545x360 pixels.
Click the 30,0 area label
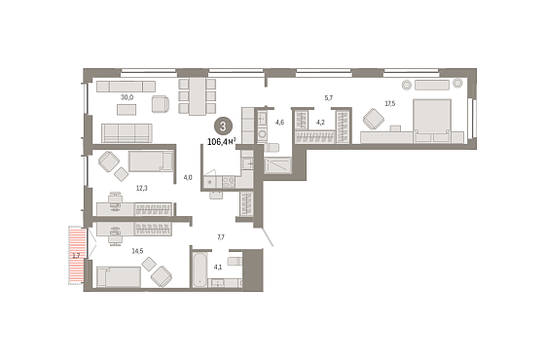click(127, 97)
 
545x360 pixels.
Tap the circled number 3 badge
click(223, 126)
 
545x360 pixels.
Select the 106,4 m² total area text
click(222, 142)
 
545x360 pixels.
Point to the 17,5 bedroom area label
click(390, 103)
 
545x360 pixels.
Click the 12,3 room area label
click(142, 189)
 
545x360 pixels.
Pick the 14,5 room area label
click(137, 251)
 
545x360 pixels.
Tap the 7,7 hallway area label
click(221, 237)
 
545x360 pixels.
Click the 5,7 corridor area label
click(329, 98)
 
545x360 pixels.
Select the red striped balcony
click(76, 255)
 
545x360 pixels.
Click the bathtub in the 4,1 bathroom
click(200, 270)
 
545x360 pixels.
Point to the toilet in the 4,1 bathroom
click(235, 261)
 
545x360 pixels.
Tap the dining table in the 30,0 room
click(197, 96)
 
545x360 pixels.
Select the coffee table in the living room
click(127, 109)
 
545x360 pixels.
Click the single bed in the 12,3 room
click(151, 162)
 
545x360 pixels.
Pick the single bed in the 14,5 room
click(119, 277)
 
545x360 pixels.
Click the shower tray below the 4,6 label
click(277, 165)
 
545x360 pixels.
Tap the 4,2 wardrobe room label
click(320, 122)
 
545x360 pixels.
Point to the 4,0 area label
click(188, 177)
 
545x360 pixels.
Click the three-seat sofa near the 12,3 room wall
click(127, 133)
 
